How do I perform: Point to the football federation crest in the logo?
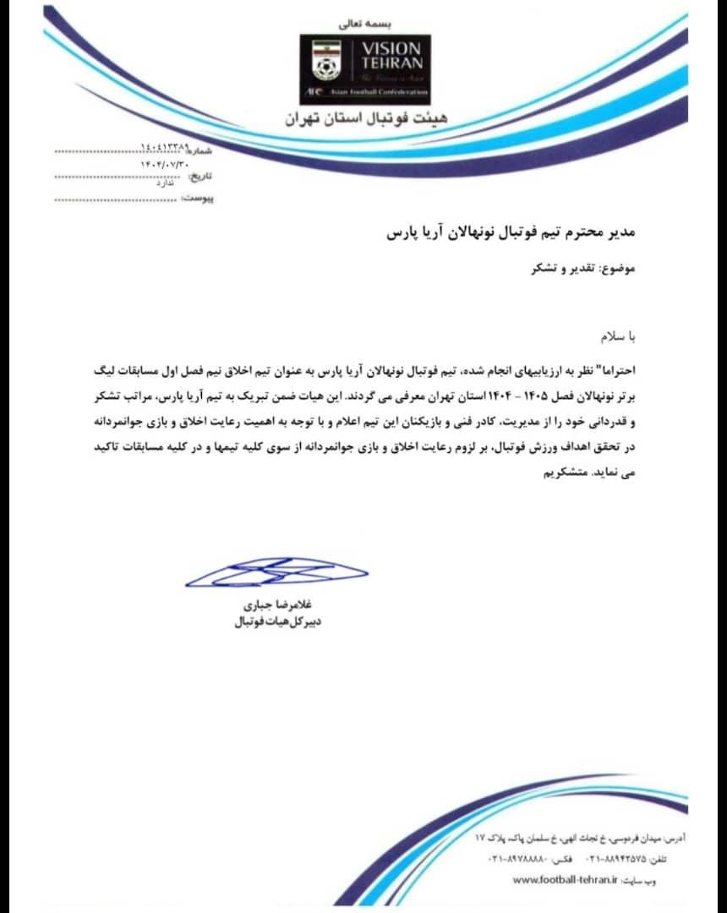coord(325,59)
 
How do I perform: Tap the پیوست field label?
coord(199,199)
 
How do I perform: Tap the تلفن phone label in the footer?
coord(655,860)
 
